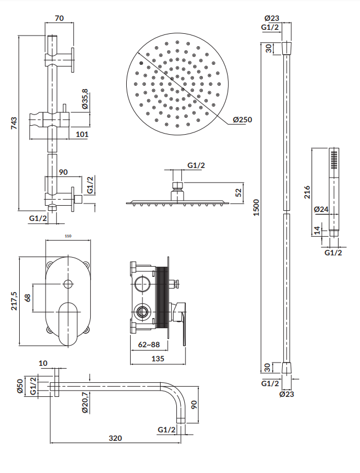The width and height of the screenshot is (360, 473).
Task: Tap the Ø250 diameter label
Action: pos(243,120)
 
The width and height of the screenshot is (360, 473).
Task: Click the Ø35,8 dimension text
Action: pos(85,100)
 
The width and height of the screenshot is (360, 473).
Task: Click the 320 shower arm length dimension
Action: pos(115,437)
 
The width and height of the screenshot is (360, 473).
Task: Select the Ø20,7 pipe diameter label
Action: pos(85,403)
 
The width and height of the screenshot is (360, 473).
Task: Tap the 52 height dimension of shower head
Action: pos(238,193)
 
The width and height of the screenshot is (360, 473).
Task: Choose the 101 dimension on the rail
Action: pos(82,134)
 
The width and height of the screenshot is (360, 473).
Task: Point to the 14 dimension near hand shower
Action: pos(317,230)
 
